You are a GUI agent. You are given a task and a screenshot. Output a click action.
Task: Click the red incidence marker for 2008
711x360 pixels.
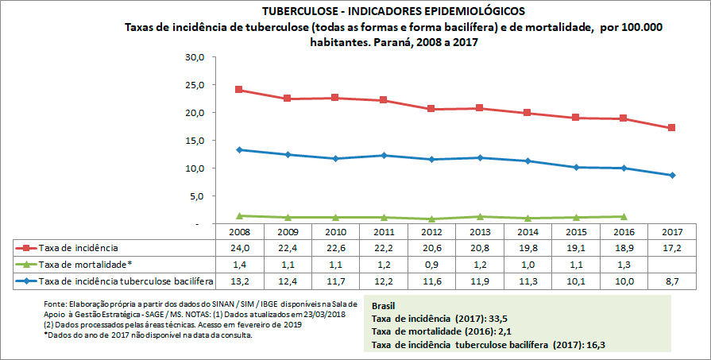[x=239, y=90]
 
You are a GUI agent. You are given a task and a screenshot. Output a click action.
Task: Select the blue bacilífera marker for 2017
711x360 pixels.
[x=672, y=175]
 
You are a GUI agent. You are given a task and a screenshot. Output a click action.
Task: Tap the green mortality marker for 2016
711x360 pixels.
[x=624, y=216]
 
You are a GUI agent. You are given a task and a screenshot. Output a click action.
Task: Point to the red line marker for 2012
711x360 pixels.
[x=431, y=109]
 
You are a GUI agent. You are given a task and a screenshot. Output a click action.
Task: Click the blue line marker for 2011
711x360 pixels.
[x=384, y=155]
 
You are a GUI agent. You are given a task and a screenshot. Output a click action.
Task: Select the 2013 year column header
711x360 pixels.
[x=480, y=231]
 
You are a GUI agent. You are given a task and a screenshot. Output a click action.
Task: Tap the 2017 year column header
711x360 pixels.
[x=672, y=231]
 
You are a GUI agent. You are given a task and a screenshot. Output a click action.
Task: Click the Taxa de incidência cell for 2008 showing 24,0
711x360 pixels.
[x=239, y=248]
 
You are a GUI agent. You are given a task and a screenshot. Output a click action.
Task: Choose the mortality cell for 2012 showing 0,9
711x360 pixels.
[x=431, y=264]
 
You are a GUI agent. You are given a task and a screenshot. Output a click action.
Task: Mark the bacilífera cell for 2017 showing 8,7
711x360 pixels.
[x=672, y=281]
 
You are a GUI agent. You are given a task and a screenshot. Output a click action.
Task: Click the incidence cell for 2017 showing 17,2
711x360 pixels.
[x=672, y=248]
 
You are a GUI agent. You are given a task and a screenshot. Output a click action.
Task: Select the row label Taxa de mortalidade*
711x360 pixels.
[x=85, y=264]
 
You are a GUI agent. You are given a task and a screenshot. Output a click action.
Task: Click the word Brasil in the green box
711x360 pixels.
[x=385, y=304]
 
